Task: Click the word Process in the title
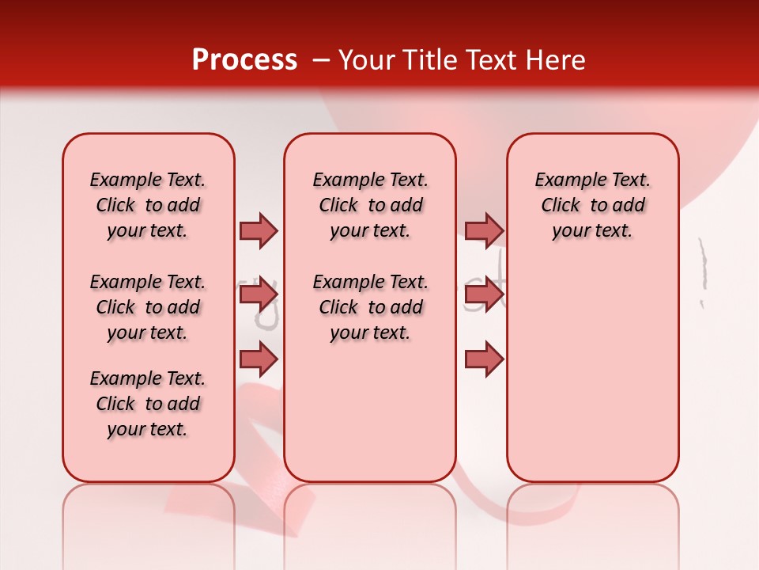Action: coord(244,60)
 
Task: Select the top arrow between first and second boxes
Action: coord(259,230)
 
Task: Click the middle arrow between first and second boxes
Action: coord(259,295)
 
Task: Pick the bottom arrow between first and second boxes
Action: coord(259,359)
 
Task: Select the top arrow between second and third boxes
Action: coord(484,230)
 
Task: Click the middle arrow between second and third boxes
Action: coord(484,295)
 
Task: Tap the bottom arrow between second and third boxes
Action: coord(484,359)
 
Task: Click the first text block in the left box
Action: coord(148,205)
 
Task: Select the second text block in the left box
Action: coord(148,307)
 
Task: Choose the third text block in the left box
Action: coord(148,404)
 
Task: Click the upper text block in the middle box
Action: coord(370,205)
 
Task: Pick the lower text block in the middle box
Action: coord(370,307)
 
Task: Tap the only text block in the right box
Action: coord(592,205)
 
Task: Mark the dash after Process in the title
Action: coord(320,61)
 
